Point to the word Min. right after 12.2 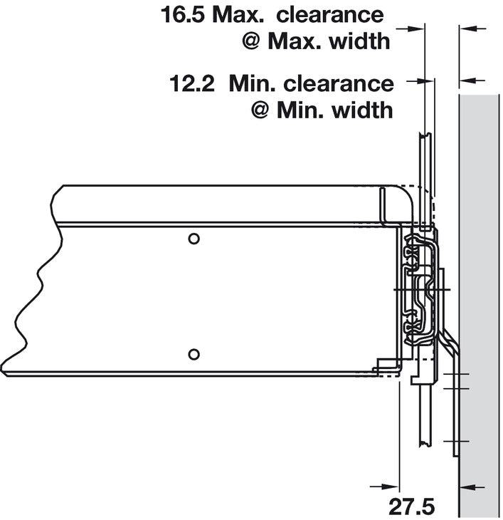click(x=252, y=84)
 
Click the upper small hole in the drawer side click(x=193, y=238)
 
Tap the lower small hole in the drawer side click(x=193, y=353)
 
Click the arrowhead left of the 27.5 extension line click(x=388, y=487)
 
